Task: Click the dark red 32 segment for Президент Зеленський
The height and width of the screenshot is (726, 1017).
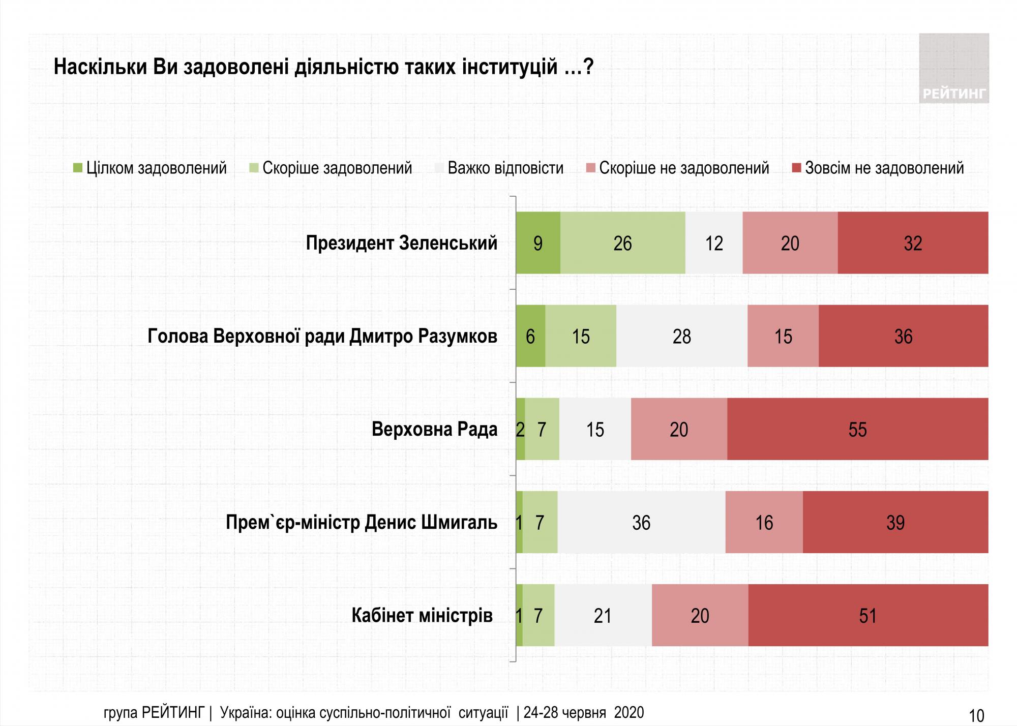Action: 913,243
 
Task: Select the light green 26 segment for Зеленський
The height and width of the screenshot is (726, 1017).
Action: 622,243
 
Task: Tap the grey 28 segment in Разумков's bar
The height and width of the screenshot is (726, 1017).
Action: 681,336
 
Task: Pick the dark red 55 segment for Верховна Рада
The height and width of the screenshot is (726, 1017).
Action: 857,429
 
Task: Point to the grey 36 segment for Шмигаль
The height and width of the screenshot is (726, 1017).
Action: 641,522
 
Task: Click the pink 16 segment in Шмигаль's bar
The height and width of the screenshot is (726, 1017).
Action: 764,522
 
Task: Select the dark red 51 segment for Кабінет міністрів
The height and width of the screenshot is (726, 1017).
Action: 868,615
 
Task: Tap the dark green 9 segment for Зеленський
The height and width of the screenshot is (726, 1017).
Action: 538,243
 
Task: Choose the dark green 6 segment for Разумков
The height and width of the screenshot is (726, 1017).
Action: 530,336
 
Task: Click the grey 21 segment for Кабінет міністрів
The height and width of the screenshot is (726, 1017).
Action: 603,615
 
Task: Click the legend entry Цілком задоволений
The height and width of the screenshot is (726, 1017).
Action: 151,168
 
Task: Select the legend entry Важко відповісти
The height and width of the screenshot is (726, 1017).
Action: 500,168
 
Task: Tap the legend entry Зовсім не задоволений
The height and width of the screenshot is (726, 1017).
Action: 878,168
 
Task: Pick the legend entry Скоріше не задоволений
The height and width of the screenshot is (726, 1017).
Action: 678,168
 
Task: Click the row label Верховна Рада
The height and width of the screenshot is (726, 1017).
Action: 434,429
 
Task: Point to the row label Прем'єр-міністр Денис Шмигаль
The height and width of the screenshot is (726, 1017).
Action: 362,522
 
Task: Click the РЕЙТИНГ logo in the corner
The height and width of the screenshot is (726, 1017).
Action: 953,69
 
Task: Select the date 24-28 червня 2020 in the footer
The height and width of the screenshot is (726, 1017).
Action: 584,713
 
